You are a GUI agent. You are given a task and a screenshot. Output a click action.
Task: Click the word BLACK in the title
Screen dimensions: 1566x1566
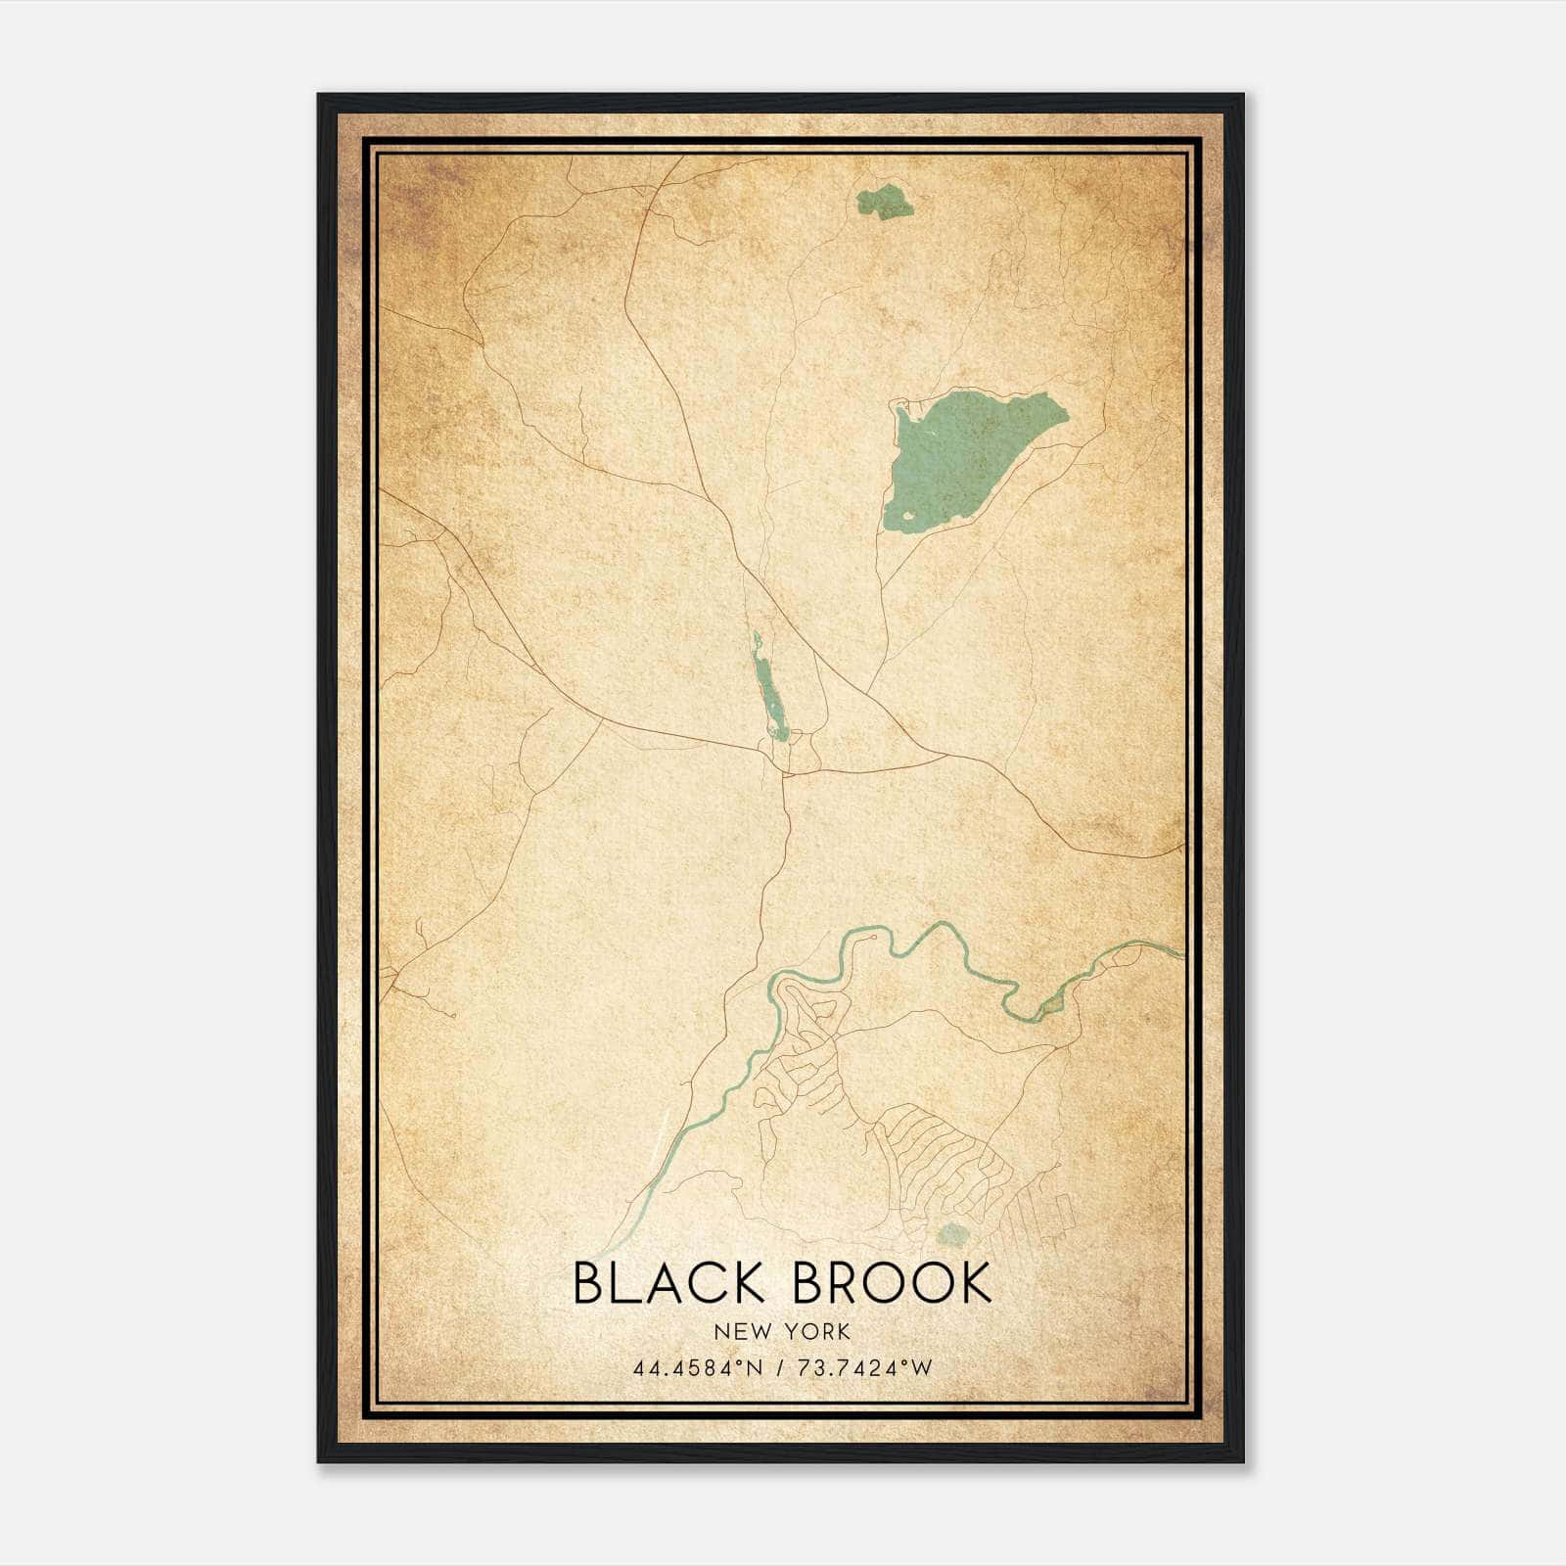668,1283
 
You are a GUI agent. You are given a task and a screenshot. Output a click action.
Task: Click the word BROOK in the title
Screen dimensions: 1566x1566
892,1283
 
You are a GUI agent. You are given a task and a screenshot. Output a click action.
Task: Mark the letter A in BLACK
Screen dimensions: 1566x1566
661,1283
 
